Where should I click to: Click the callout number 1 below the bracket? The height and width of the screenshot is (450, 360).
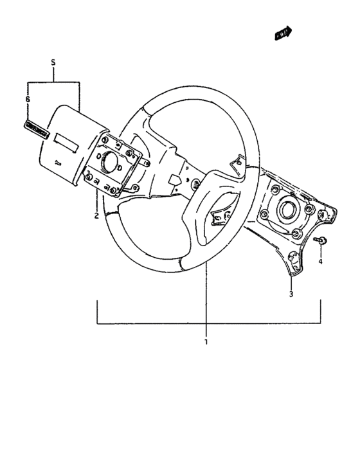206,341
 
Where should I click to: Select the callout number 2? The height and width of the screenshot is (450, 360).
96,216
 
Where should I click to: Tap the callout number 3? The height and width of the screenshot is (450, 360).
291,294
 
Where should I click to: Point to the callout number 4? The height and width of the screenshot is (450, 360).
320,262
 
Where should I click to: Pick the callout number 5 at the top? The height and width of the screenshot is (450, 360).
53,63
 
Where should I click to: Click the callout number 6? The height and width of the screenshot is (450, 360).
28,100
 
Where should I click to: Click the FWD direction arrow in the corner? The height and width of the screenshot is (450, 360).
283,33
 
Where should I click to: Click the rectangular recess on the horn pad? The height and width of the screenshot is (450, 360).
66,138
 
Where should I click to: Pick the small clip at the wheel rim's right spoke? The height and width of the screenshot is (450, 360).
239,161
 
